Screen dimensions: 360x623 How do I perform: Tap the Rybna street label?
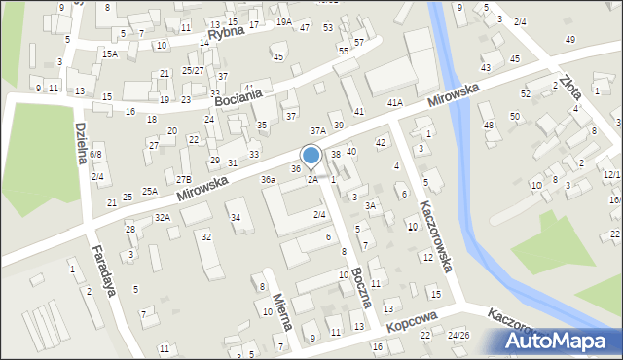[227, 33]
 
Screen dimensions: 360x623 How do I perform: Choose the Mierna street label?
[280, 312]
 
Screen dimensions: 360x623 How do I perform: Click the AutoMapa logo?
[557, 341]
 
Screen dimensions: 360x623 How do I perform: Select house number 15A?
[110, 54]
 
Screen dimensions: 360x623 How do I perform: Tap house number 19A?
[283, 21]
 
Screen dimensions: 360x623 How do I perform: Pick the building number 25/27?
[193, 70]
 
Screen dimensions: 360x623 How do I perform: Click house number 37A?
[317, 129]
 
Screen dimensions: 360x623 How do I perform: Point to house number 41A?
[394, 102]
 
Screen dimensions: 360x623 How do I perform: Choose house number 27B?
[183, 179]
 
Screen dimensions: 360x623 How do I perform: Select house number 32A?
[162, 217]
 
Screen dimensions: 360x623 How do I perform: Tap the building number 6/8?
[95, 155]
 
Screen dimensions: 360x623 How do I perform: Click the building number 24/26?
[458, 336]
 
